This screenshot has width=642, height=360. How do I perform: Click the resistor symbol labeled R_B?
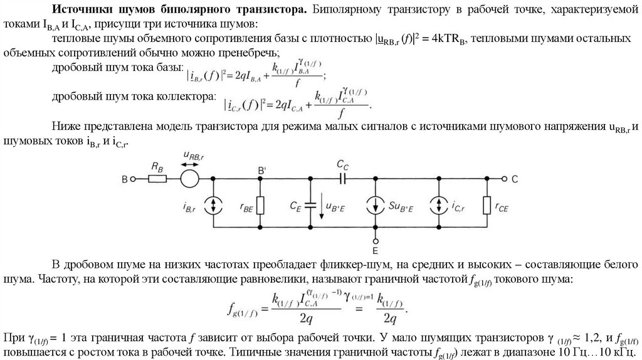[x=157, y=179]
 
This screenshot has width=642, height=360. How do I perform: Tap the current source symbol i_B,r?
[x=214, y=204]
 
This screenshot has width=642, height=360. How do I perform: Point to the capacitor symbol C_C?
[x=342, y=179]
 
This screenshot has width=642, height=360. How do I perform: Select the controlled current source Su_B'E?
[x=375, y=204]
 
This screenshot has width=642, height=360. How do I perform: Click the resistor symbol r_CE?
[x=487, y=204]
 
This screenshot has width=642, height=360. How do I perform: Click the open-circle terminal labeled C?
[x=503, y=179]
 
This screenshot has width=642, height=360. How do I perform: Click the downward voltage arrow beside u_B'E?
[x=320, y=204]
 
